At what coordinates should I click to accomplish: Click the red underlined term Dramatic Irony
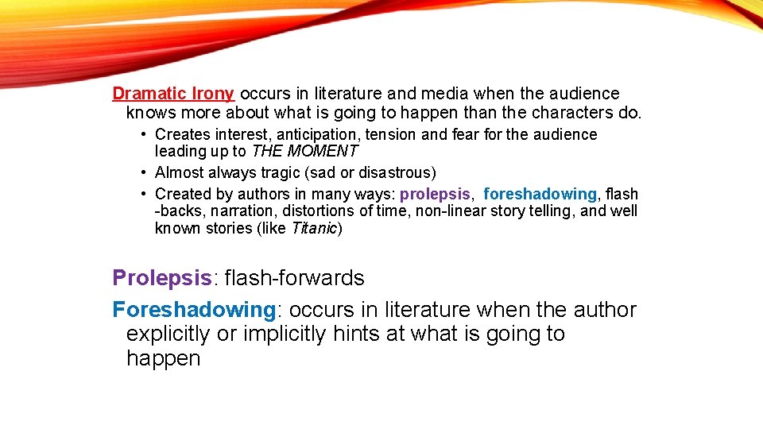(172, 94)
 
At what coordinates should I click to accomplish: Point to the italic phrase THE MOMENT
(304, 151)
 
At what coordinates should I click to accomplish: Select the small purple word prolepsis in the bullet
(436, 194)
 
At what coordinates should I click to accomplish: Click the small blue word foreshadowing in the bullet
(540, 194)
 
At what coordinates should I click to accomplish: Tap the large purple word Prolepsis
(162, 278)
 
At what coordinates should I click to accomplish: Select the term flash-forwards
(294, 278)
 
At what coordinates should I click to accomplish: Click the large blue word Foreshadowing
(194, 309)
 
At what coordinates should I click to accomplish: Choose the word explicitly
(168, 334)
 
